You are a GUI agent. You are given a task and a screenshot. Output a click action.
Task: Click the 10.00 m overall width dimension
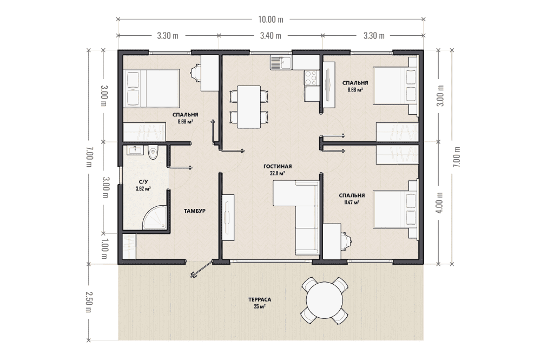[270, 19]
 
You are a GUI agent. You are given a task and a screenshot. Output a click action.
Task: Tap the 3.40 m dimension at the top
[270, 36]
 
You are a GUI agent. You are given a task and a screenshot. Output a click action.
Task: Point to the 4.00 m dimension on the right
[439, 202]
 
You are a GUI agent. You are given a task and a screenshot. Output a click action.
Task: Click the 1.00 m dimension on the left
[104, 249]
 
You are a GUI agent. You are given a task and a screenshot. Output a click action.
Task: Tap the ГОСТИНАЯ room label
[277, 166]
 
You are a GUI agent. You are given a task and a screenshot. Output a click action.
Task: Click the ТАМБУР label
[195, 211]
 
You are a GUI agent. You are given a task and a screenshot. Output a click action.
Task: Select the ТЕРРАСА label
[260, 299]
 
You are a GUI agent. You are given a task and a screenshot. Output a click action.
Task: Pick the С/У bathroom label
[143, 181]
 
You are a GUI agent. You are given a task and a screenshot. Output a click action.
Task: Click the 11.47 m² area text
[352, 202]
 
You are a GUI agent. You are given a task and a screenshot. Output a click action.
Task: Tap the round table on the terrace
[324, 300]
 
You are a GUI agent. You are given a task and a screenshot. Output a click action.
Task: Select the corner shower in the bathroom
[155, 217]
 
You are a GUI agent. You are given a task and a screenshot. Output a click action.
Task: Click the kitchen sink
[280, 63]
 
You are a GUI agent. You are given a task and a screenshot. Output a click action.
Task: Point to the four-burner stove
[311, 77]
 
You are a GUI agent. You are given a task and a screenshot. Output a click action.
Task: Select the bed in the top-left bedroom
[152, 88]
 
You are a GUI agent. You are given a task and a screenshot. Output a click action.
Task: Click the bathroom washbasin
[135, 150]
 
